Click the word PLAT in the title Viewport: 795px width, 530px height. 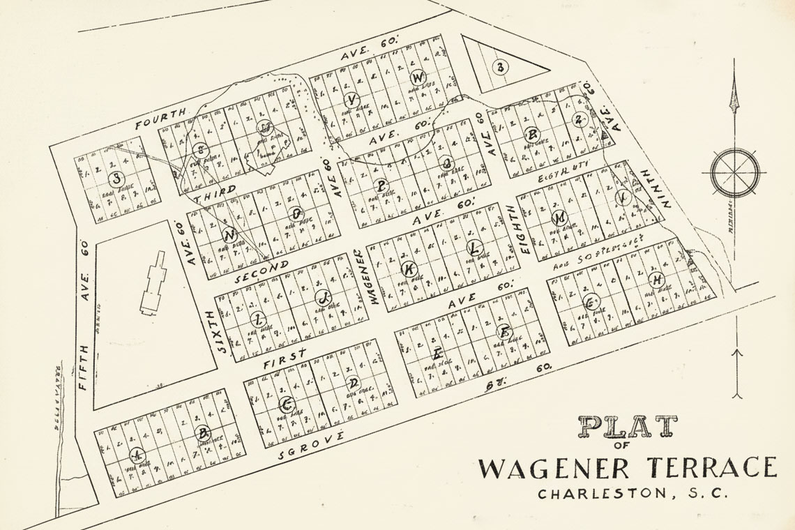628,427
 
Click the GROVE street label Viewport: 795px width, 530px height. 311,446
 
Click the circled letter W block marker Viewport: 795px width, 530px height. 418,77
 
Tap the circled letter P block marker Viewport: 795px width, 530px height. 381,186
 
